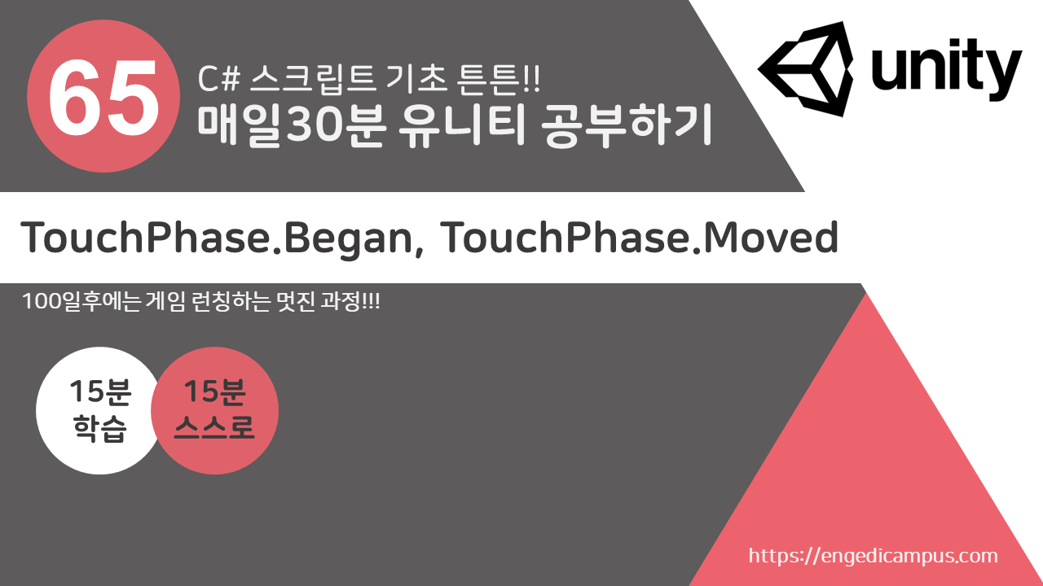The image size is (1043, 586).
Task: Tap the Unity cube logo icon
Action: [806, 68]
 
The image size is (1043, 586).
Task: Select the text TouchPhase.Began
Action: [217, 238]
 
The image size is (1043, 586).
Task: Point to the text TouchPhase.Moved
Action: [640, 238]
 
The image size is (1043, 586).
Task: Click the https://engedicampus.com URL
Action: [873, 556]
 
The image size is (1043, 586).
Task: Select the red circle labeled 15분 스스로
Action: [214, 411]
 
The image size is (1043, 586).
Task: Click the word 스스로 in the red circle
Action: [214, 427]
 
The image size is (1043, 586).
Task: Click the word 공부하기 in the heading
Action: [627, 125]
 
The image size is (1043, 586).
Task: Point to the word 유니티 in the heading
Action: [462, 125]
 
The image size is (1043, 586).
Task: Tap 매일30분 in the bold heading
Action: [292, 125]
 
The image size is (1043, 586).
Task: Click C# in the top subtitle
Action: [218, 79]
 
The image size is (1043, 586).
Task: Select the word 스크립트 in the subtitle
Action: [313, 79]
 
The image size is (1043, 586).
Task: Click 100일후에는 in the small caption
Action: [81, 301]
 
